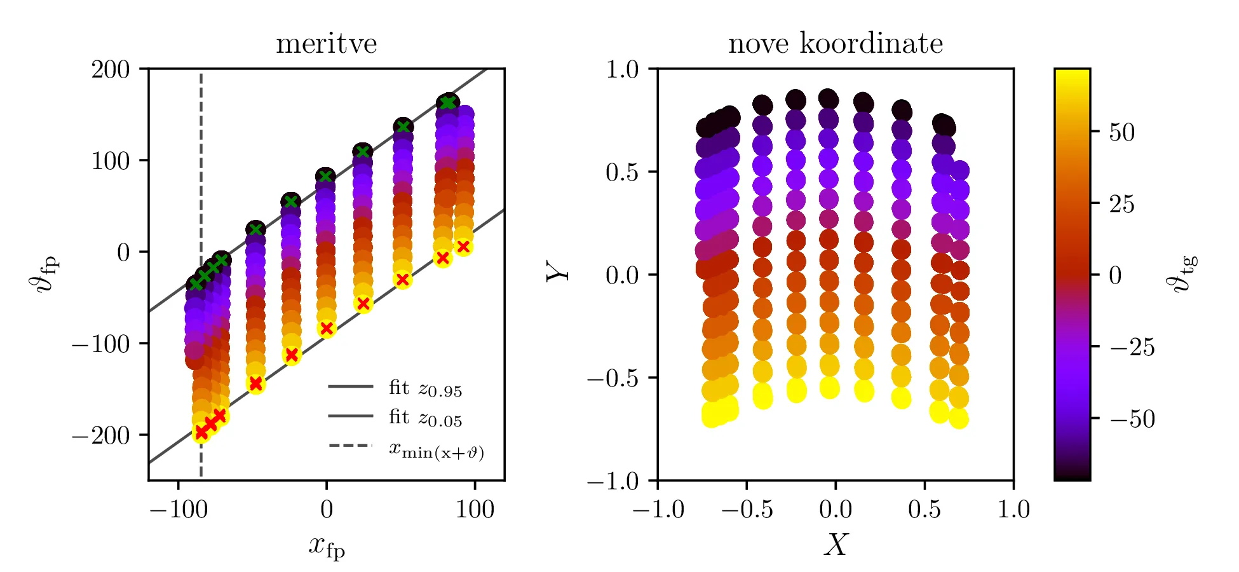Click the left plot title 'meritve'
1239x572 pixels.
(x=326, y=44)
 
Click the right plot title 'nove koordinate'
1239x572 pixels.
(x=835, y=44)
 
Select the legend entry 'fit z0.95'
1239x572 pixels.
(x=425, y=388)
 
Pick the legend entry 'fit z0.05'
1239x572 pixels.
(x=425, y=418)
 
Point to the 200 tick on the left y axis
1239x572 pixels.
(x=111, y=69)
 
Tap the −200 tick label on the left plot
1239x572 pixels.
(x=101, y=435)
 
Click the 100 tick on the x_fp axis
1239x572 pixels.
(x=475, y=510)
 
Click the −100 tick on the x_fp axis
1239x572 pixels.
(x=179, y=510)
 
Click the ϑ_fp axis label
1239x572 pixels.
(x=44, y=273)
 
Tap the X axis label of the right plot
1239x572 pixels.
(x=836, y=545)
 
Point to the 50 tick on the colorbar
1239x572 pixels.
(x=1121, y=132)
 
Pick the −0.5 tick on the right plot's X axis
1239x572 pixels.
(x=747, y=510)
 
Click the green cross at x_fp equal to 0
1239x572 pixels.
(x=325, y=176)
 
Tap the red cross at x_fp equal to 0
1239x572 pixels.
(x=327, y=329)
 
